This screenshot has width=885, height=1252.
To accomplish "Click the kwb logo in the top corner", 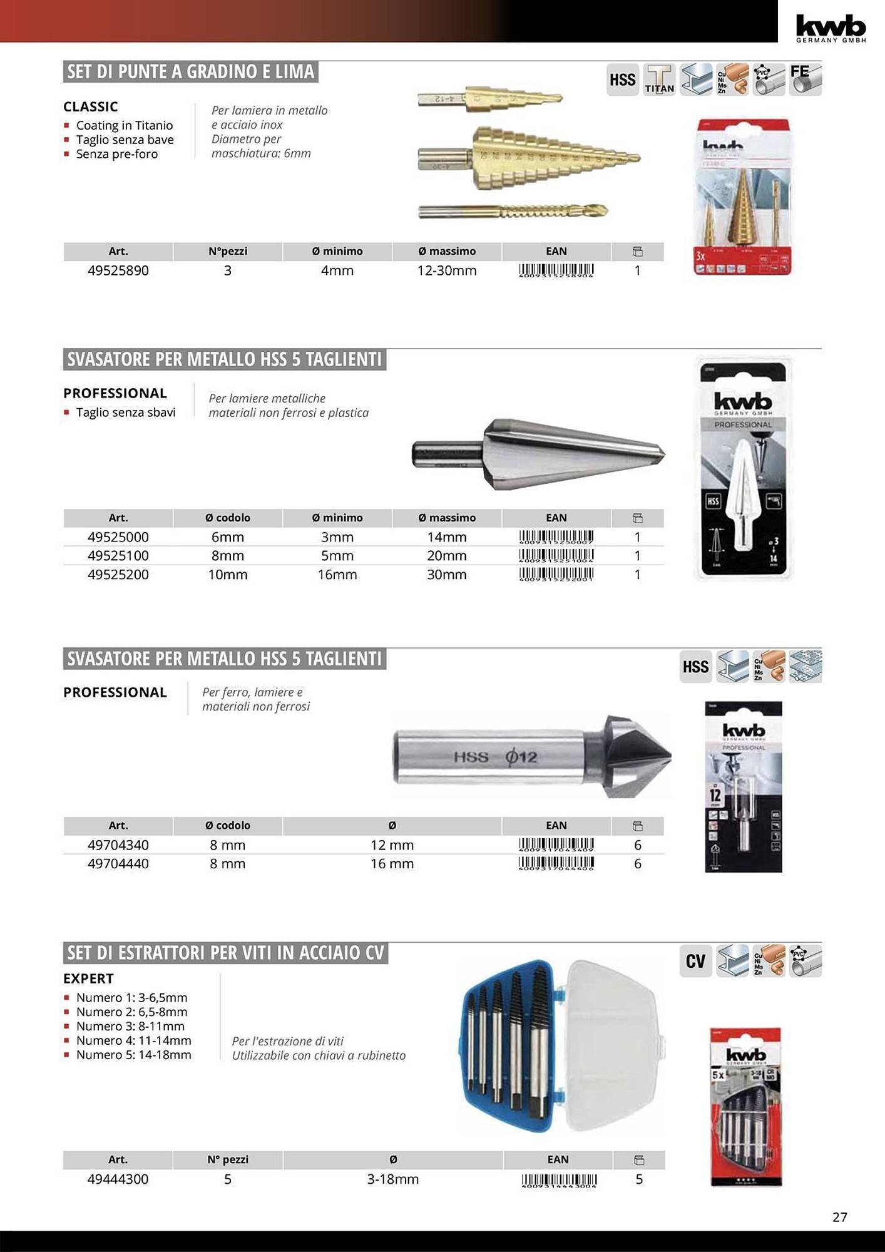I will pos(831,28).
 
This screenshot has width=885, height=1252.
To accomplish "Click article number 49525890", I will pos(118,270).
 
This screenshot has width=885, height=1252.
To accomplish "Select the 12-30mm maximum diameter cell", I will pos(447,270).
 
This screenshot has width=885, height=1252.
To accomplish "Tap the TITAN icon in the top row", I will pos(659,80).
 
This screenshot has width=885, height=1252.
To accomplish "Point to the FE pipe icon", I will pos(805,80).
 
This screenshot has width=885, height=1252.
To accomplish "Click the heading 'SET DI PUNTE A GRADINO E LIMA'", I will pos(191,72).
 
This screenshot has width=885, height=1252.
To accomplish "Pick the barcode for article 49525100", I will pos(556,555).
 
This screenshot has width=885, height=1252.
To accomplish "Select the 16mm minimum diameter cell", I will pos(337,575).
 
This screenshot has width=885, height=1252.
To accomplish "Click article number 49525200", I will pos(118,575).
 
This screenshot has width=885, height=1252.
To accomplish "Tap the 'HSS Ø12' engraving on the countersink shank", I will pos(495,757).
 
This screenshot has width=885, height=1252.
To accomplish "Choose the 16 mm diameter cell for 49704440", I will pos(392,864).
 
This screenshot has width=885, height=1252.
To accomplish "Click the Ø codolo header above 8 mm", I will pos(228,826).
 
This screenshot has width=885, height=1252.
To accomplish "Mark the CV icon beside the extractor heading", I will pos(695,961).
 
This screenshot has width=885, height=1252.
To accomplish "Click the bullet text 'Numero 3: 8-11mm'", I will pos(130,1026).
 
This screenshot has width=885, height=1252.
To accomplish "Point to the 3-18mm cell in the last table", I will pos(393,1179).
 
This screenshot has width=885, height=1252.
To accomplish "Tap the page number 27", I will pos(840,1217).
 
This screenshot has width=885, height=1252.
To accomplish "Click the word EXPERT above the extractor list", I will pos(89,978).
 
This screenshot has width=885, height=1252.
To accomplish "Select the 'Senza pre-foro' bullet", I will pos(117,154).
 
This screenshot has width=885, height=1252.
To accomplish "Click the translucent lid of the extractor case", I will pos(616,1045).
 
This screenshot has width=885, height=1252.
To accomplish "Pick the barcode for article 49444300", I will pos(559,1181).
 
